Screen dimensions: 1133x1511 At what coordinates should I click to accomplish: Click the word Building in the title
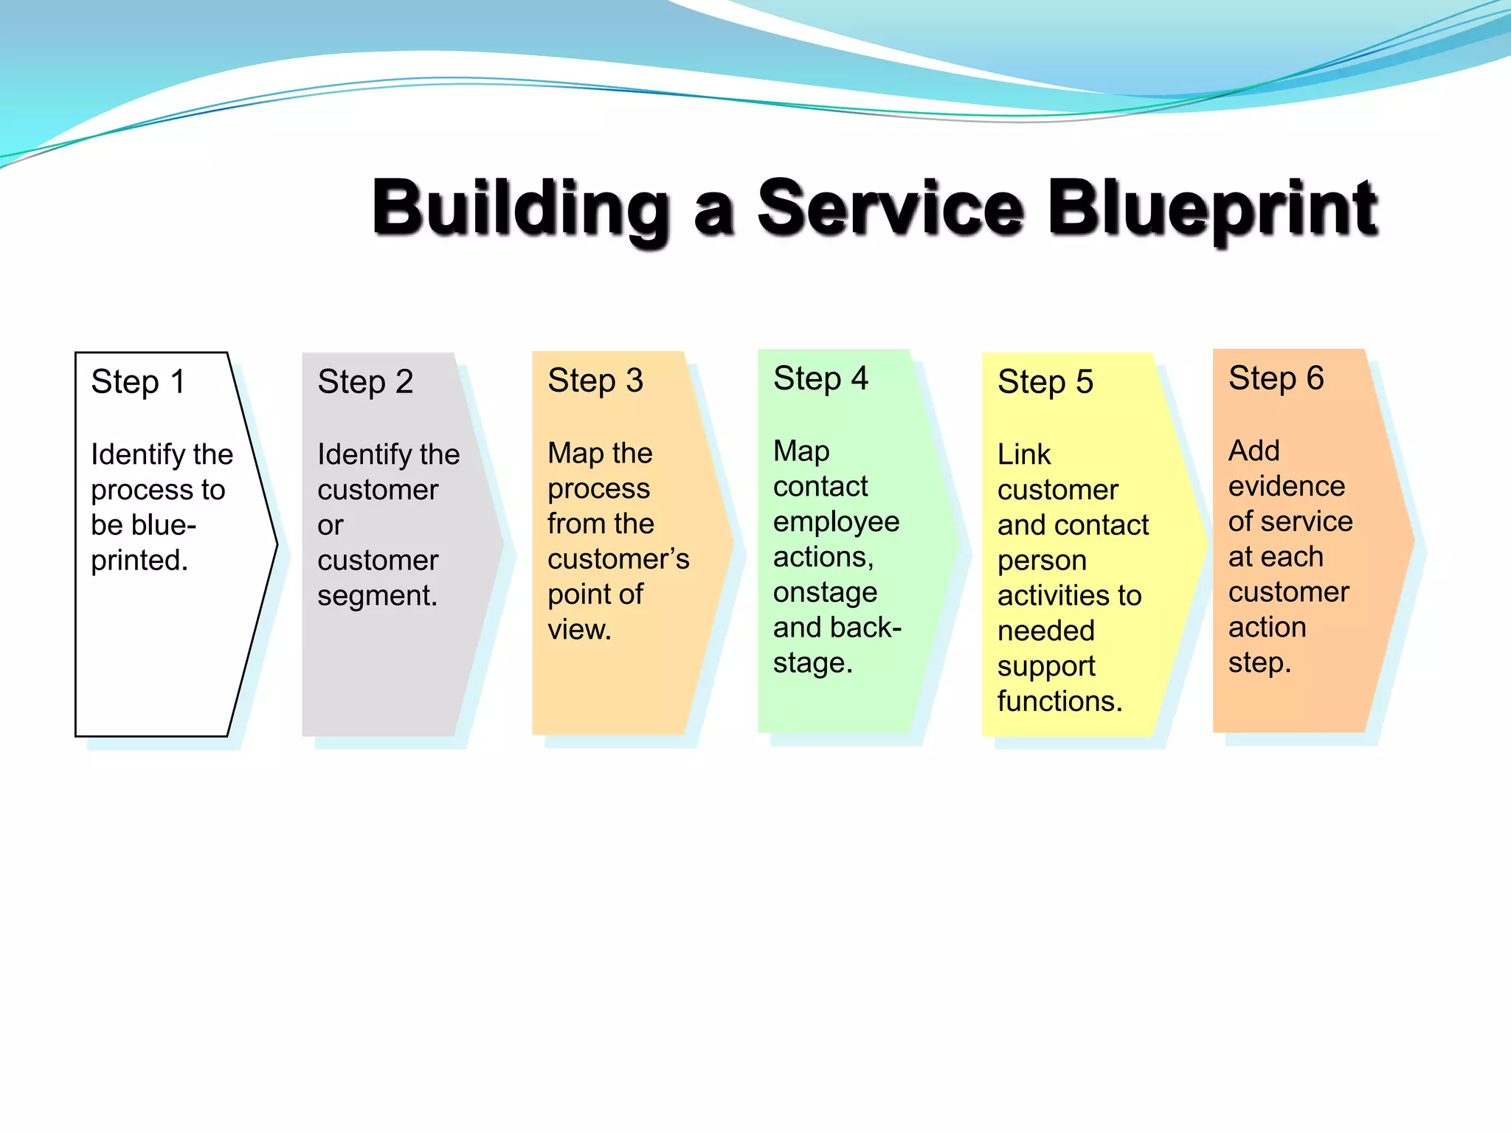click(521, 209)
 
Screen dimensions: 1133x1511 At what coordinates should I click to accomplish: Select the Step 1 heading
click(138, 382)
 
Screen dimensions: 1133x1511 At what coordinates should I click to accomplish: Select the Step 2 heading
click(365, 382)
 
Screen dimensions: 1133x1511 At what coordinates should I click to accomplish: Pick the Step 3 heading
click(595, 381)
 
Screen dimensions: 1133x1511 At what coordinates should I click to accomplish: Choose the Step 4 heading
click(820, 378)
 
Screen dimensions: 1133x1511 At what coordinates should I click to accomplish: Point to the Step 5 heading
click(1045, 382)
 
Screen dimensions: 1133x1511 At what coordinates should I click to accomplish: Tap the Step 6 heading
click(1276, 378)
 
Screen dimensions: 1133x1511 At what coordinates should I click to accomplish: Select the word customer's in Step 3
click(618, 559)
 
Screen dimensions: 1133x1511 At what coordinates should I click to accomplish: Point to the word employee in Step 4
click(836, 522)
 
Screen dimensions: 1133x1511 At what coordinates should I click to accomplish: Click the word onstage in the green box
click(825, 592)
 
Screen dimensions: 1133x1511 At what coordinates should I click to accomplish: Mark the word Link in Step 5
click(1023, 454)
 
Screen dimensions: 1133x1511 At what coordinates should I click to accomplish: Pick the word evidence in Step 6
click(1286, 486)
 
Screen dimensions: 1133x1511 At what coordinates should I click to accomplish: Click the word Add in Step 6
click(1254, 451)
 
